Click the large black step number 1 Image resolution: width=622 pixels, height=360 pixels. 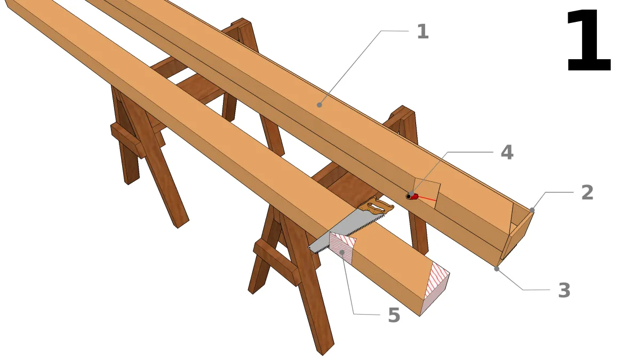pos(588,41)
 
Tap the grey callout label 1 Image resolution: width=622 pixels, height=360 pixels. pos(423,31)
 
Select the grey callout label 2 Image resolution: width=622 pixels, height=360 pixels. pos(587,193)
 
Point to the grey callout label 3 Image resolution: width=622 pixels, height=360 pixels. pos(564,291)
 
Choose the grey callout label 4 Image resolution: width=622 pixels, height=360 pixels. pos(507,153)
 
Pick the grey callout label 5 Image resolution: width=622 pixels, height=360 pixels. pos(394,316)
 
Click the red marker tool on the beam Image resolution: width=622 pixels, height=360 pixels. pos(412,196)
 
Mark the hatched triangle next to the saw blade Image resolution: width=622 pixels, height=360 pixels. pos(341,247)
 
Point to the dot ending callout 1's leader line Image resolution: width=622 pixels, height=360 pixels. pos(320,105)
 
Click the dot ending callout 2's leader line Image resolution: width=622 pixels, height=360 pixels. pos(532,210)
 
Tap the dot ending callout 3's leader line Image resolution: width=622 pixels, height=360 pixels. pos(496,269)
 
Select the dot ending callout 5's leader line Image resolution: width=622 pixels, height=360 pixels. pos(342,252)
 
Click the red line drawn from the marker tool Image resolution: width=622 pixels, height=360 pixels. pos(427,198)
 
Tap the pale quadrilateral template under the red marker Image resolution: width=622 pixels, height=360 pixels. pos(427,194)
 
